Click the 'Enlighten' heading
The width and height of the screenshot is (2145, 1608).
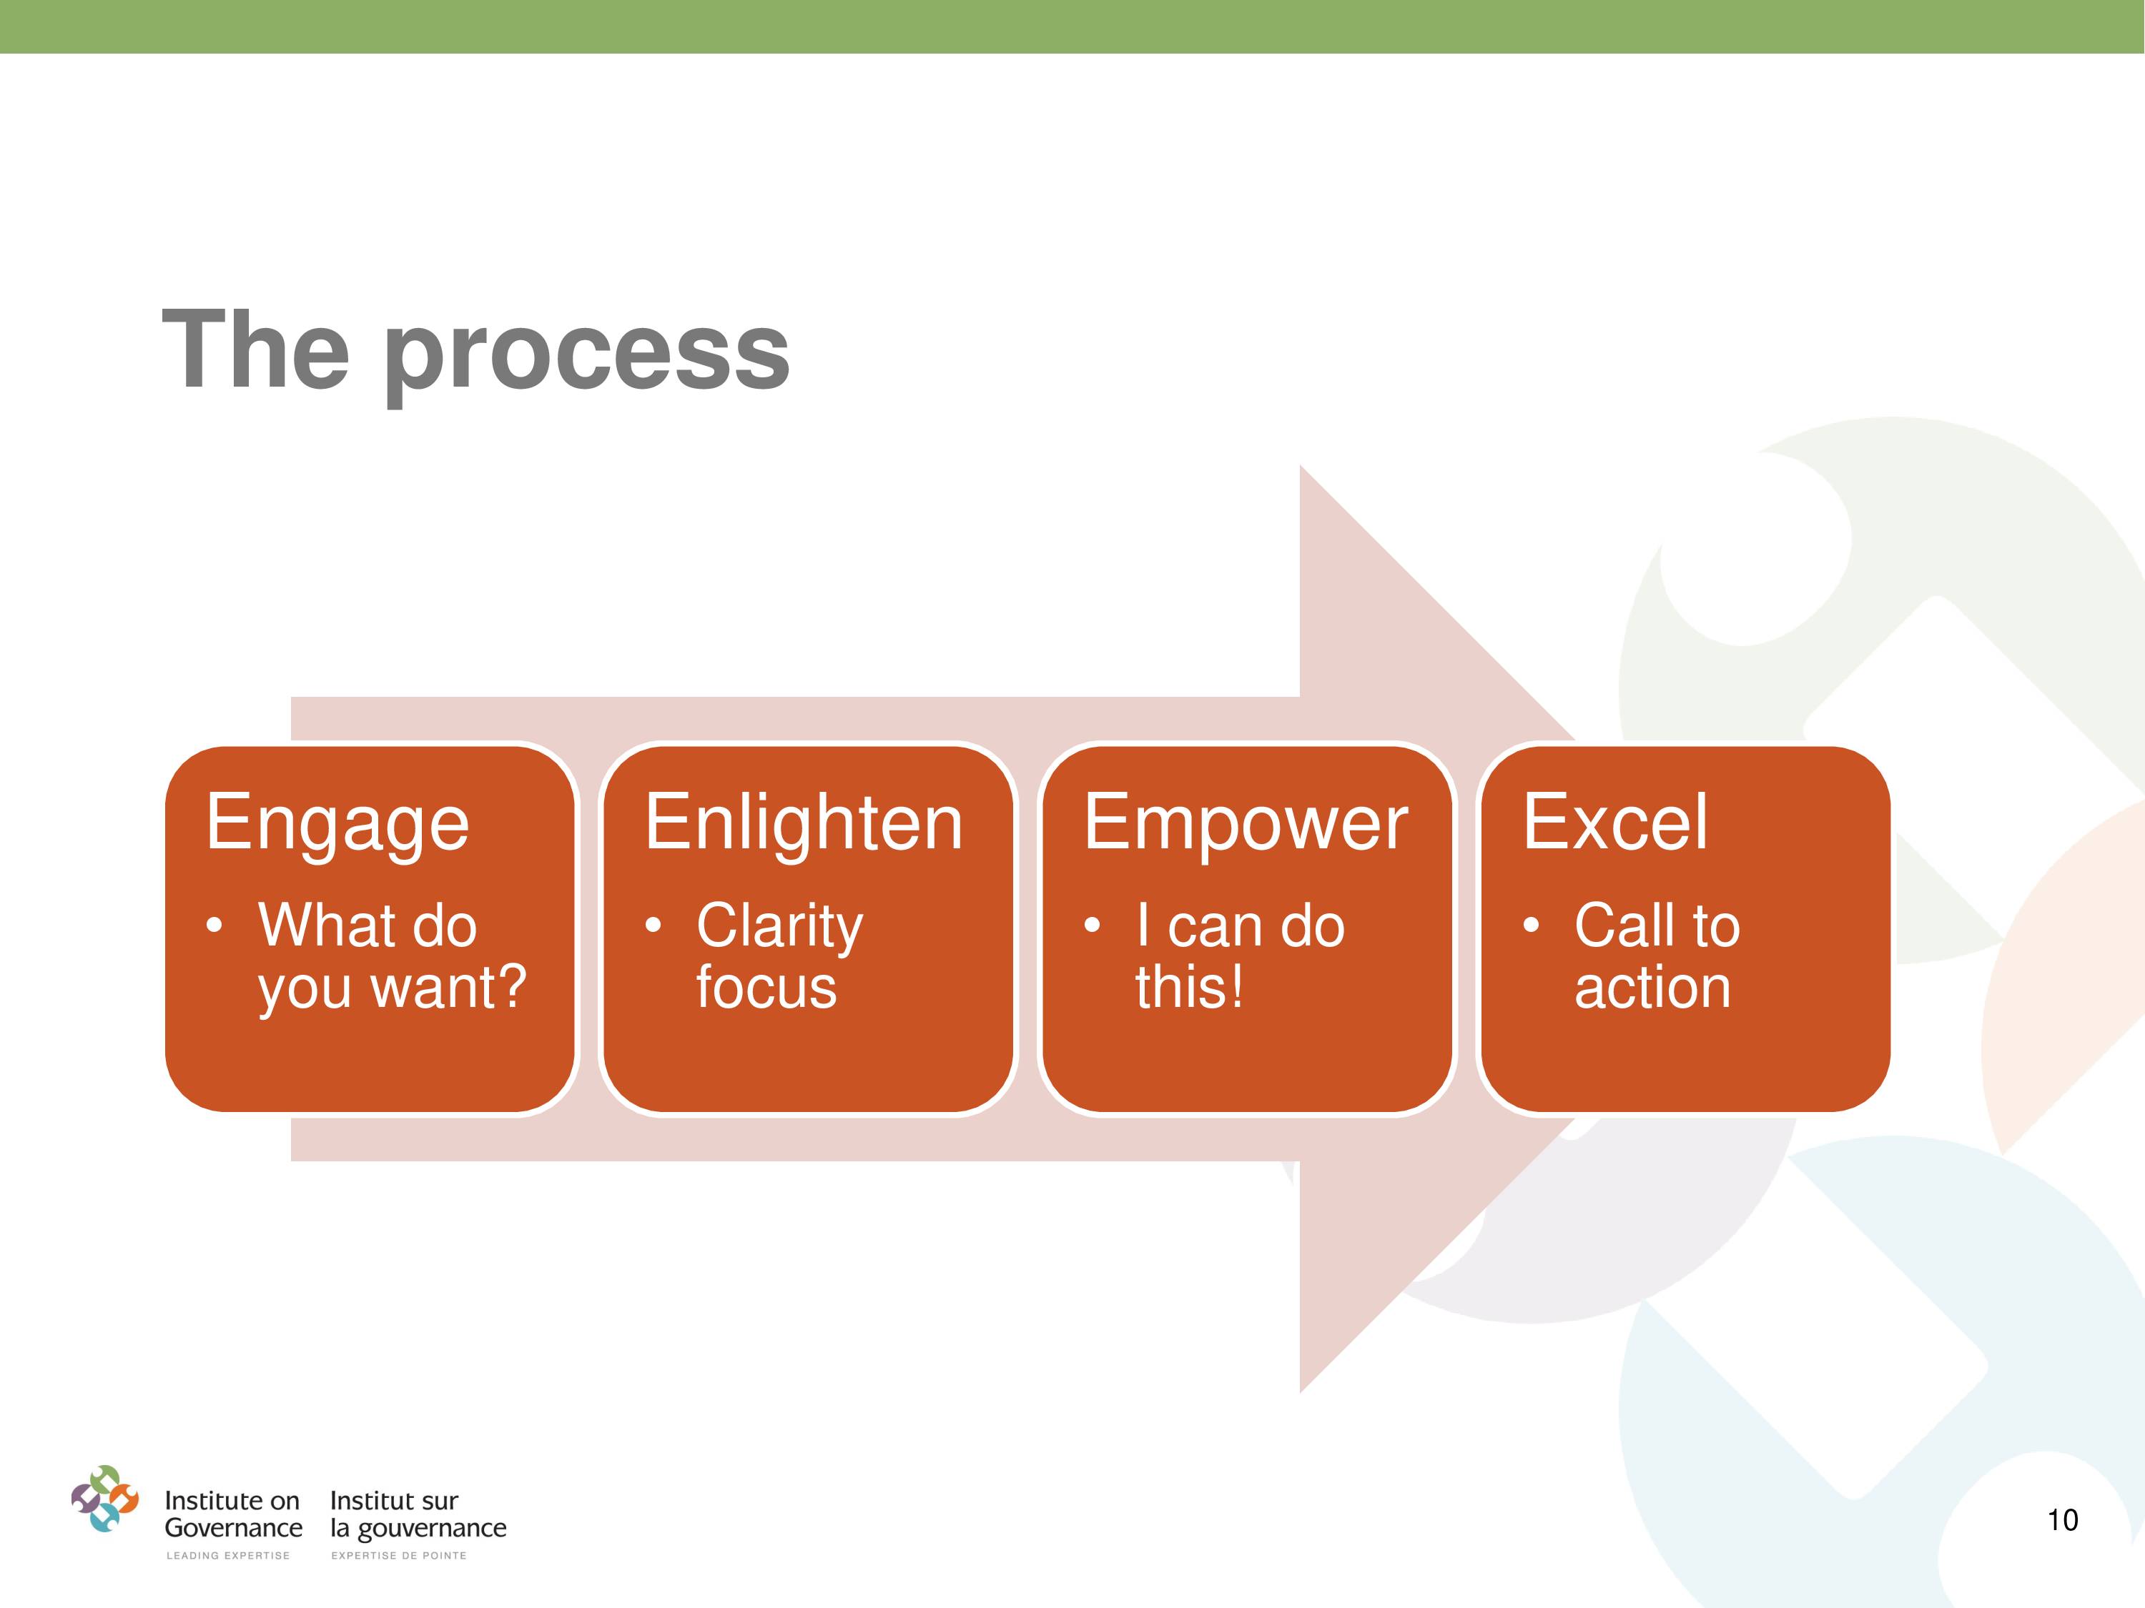tap(804, 822)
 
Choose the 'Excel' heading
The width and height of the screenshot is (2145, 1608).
tap(1615, 822)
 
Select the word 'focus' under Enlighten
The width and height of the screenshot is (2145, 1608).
tap(766, 987)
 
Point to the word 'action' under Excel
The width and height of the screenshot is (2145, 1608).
tap(1652, 988)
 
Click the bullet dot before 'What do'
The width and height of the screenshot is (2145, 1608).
tap(214, 925)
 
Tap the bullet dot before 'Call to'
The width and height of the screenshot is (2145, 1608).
tap(1532, 925)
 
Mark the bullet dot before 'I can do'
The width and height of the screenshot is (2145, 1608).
tap(1092, 925)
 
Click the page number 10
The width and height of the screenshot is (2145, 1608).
tap(2063, 1520)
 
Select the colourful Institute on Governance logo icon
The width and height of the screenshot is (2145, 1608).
tap(104, 1499)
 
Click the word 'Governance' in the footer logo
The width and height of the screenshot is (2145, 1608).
tap(234, 1529)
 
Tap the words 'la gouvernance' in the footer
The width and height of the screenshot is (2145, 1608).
tap(418, 1529)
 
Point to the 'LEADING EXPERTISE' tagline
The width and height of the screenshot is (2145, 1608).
tap(228, 1556)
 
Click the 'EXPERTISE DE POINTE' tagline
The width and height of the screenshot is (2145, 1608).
tap(398, 1556)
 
